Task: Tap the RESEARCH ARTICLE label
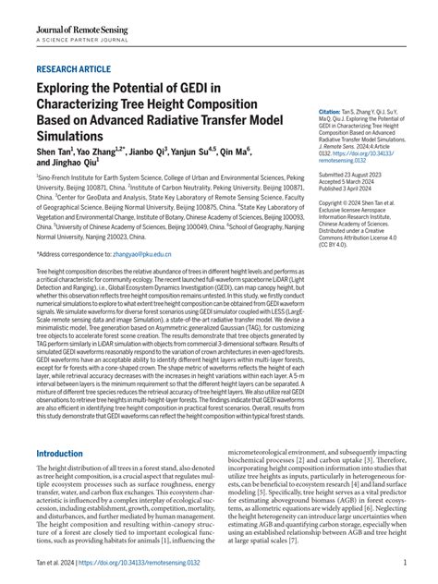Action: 75,68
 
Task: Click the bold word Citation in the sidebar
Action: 330,110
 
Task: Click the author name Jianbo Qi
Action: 148,151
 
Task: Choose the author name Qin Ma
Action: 234,151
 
